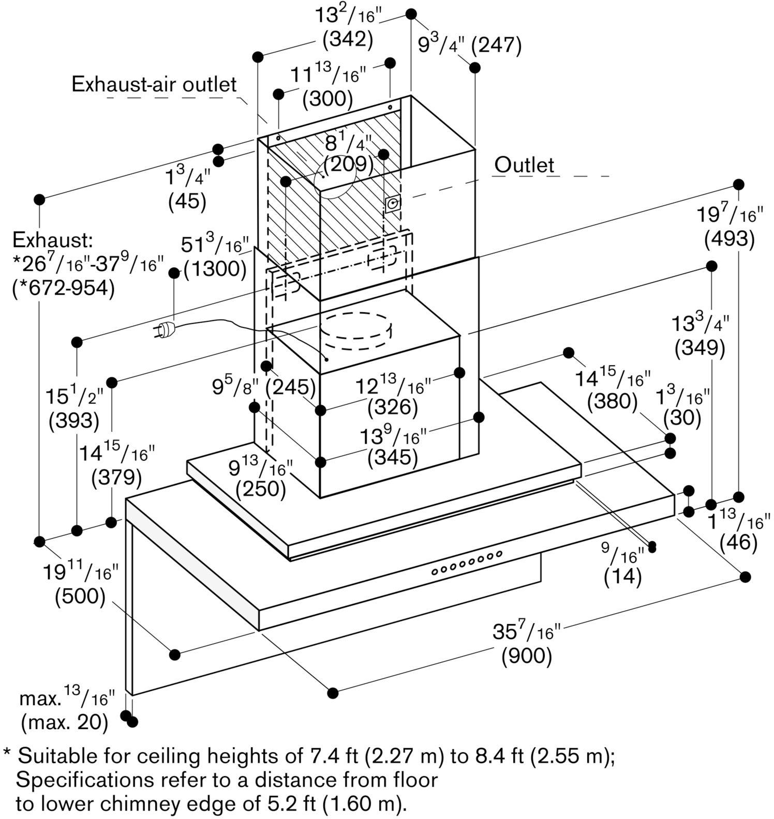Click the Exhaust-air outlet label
pos(154,84)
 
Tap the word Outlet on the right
pos(524,165)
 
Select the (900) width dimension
pos(527,656)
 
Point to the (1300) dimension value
pos(215,268)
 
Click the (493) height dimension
pos(729,238)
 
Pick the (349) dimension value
pos(699,348)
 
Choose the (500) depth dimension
pos(80,596)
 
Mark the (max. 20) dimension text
pos(65,722)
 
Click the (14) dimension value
pos(622,577)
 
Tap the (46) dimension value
pos(738,542)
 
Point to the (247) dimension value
pos(496,46)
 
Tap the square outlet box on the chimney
pos(392,204)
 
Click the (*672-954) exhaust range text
pos(63,288)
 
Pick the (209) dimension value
pos(349,164)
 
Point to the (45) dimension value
pos(187,201)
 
